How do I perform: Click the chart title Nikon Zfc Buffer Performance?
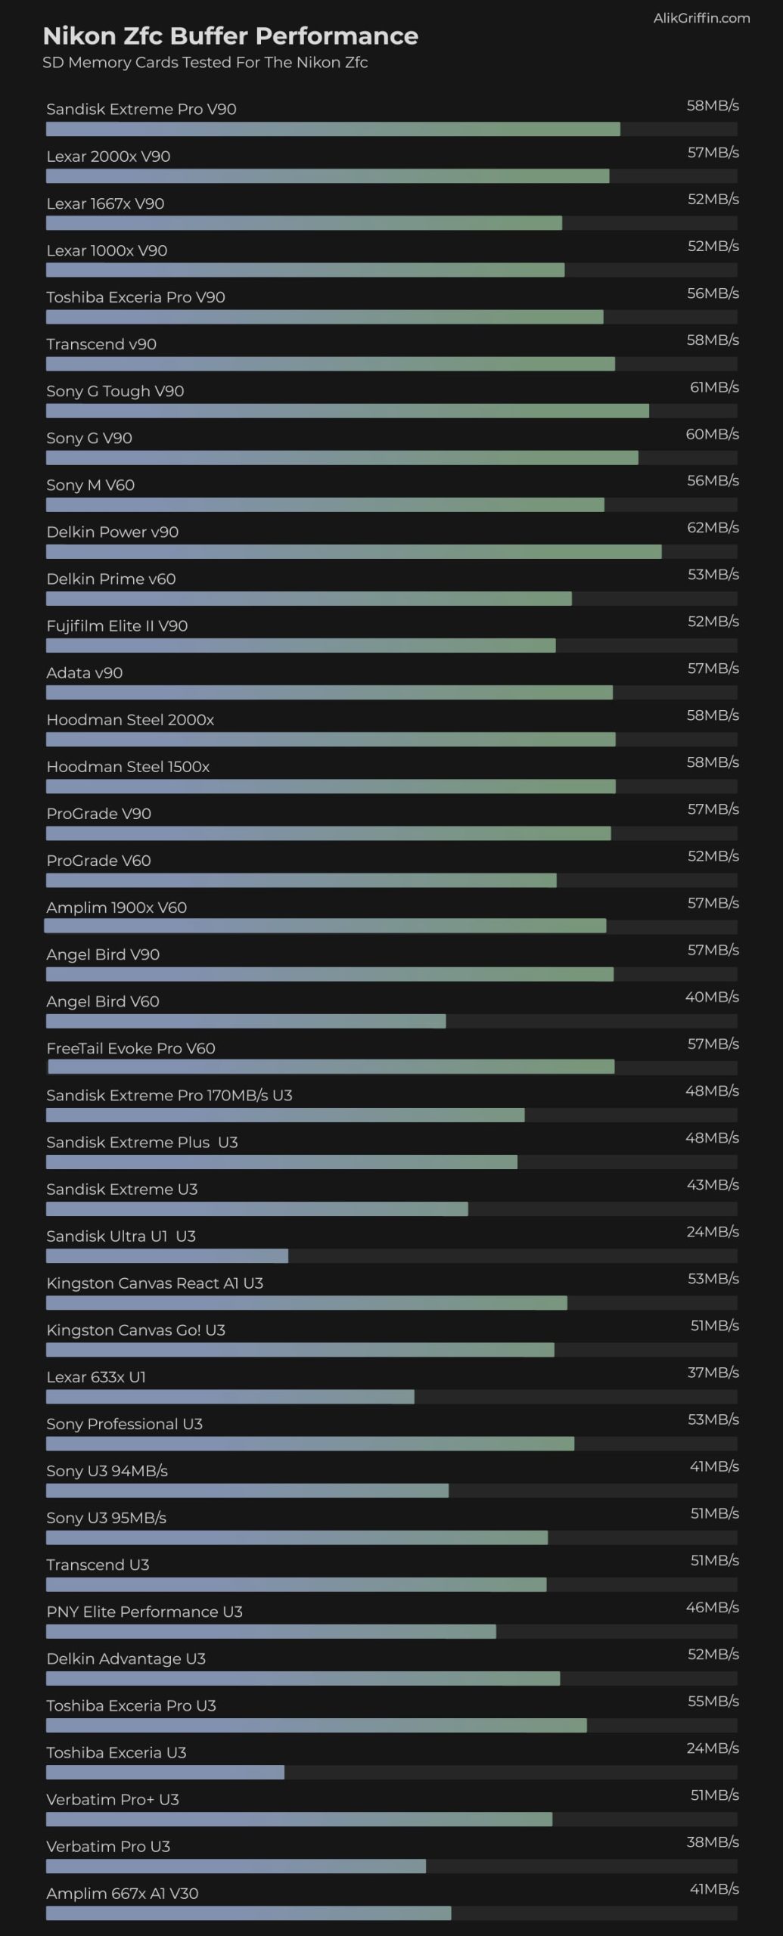(230, 36)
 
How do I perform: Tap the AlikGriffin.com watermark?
(701, 18)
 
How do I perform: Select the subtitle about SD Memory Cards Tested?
(205, 63)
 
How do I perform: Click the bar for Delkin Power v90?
(353, 552)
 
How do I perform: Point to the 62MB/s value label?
(713, 528)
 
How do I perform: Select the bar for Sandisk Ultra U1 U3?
(166, 1256)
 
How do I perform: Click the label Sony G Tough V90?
(115, 391)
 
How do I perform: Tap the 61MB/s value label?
(714, 387)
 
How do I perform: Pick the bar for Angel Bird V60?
(246, 1022)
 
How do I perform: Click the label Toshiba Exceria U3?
(116, 1752)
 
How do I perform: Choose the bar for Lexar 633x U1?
(230, 1397)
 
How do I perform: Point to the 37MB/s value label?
(713, 1373)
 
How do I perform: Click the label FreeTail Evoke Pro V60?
(131, 1048)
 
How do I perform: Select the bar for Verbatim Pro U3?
(235, 1866)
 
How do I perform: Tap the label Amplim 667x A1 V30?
(122, 1893)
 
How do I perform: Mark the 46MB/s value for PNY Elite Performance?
(712, 1607)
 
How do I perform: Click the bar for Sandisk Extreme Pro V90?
(333, 129)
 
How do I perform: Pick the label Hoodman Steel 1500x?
(128, 767)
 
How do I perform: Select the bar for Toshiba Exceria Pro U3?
(316, 1726)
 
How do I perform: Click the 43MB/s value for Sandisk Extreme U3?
(713, 1185)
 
